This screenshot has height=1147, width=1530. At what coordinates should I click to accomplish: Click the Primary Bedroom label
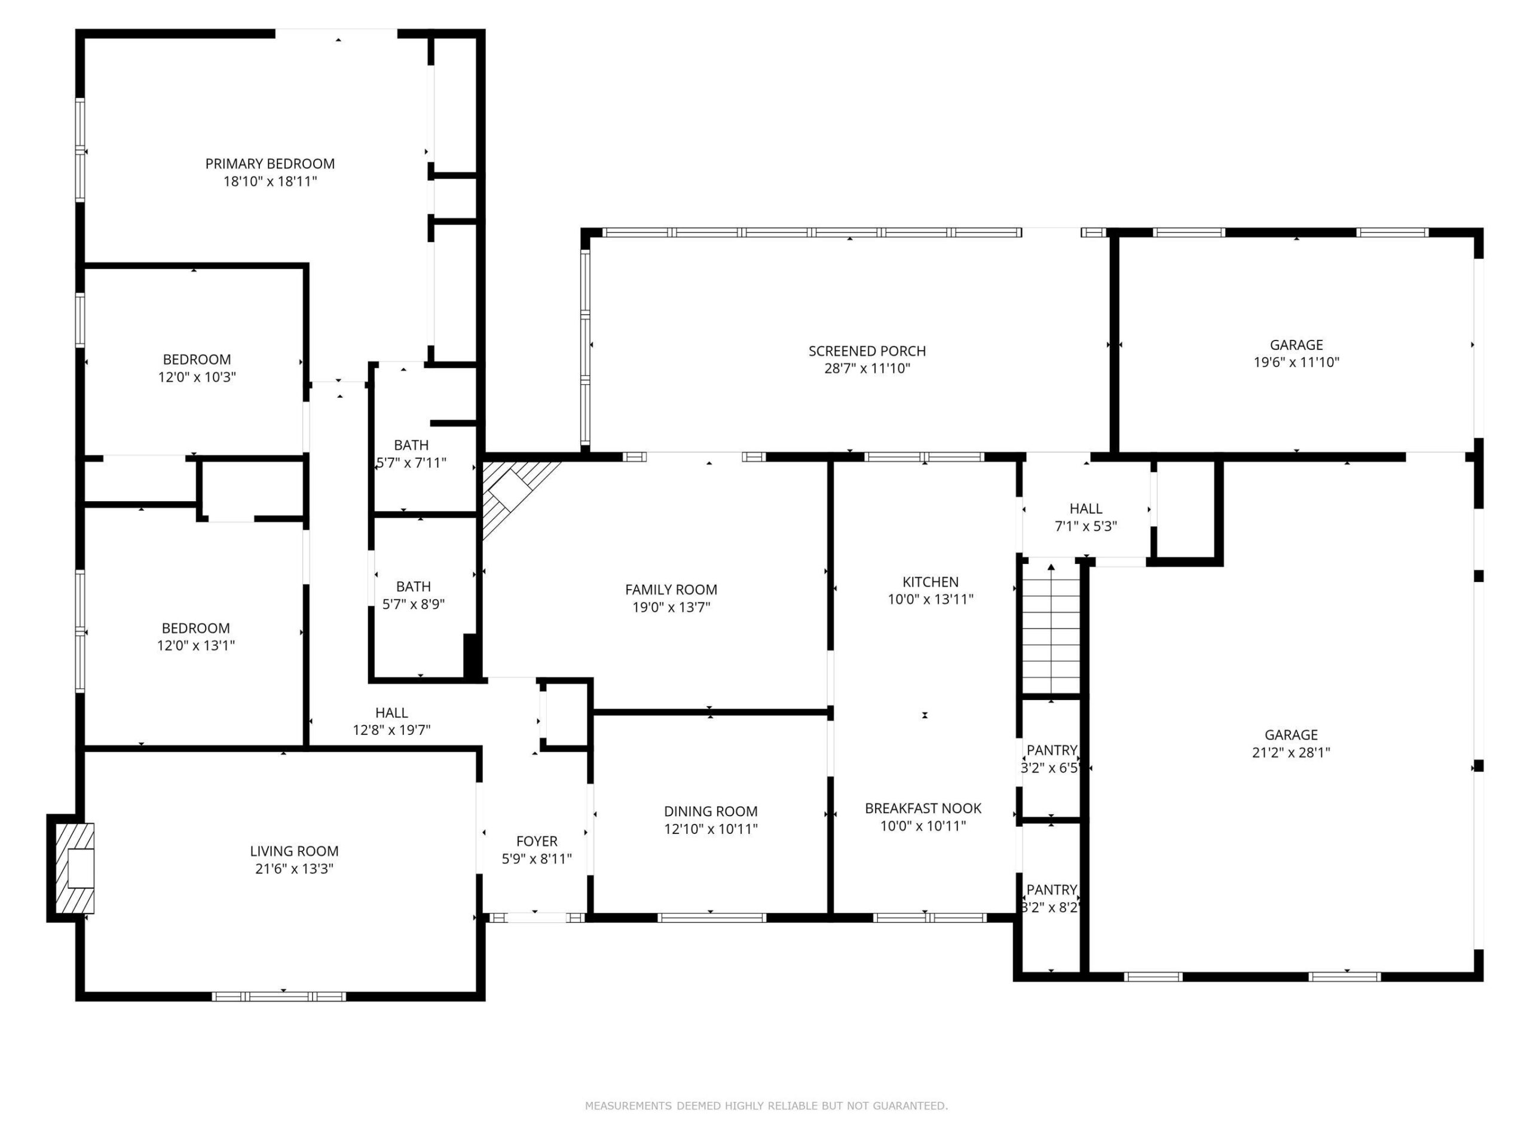click(x=270, y=164)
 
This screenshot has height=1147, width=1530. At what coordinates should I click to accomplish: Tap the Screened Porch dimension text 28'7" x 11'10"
click(x=867, y=369)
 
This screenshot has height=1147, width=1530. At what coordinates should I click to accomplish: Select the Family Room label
click(x=671, y=590)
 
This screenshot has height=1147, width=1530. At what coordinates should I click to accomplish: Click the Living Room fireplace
click(x=72, y=867)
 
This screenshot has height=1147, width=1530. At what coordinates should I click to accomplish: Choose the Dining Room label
click(x=711, y=811)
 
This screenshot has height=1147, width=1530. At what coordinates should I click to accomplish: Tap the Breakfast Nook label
click(x=923, y=808)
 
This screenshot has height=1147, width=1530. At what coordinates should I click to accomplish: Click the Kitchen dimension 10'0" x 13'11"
click(x=931, y=599)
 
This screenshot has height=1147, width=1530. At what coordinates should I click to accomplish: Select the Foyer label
click(x=537, y=841)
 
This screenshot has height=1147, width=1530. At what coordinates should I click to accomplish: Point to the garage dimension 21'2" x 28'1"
click(x=1291, y=753)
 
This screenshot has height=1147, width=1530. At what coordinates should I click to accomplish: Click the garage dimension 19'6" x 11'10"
click(x=1296, y=362)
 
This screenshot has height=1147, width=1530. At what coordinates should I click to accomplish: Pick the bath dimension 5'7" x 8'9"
click(x=413, y=605)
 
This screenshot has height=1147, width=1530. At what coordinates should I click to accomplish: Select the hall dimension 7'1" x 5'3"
click(x=1085, y=526)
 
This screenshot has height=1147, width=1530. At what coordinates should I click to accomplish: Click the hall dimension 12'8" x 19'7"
click(x=391, y=730)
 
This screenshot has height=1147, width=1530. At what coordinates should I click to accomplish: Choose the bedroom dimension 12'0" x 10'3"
click(x=197, y=378)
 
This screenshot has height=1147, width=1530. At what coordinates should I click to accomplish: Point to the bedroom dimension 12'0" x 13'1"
click(x=196, y=646)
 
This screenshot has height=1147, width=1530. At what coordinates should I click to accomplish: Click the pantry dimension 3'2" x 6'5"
click(x=1051, y=768)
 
